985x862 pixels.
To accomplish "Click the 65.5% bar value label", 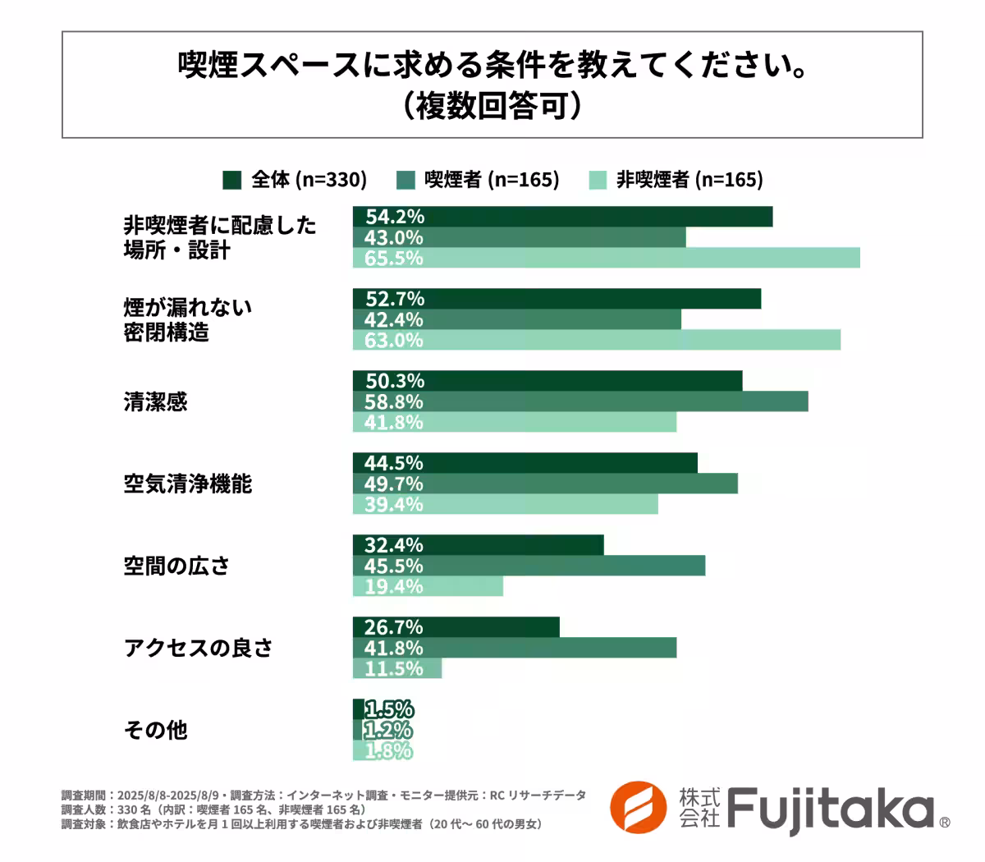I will click(394, 258).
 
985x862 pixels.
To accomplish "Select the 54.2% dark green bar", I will click(562, 217).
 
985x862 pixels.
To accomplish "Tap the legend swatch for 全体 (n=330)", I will click(232, 180).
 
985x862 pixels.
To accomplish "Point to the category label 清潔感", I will click(155, 401).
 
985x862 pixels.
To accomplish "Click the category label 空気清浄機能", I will click(187, 484).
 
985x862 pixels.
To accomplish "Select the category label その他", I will click(155, 730).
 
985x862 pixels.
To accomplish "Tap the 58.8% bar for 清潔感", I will click(580, 401).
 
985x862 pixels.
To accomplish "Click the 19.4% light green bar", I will click(428, 586).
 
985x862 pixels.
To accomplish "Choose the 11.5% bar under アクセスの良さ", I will click(397, 668).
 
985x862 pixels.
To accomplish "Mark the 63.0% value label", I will click(394, 340).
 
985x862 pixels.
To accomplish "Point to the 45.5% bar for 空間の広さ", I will click(529, 566).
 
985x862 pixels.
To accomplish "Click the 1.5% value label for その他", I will click(389, 709).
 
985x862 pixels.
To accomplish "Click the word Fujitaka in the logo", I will click(829, 809).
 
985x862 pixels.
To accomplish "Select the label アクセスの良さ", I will click(198, 648).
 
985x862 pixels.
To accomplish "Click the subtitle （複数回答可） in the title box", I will click(492, 107).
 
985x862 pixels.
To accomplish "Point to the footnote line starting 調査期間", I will click(323, 795).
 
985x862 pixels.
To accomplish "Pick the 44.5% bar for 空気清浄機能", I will click(525, 463).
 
